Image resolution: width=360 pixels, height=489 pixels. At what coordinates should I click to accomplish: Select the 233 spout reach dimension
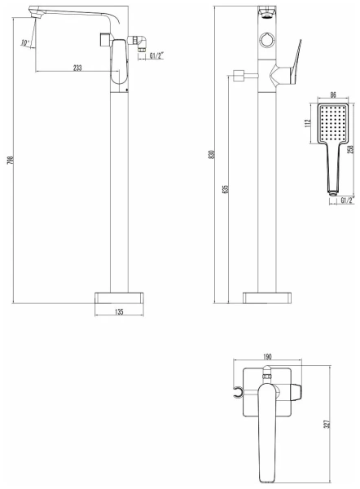click(x=77, y=68)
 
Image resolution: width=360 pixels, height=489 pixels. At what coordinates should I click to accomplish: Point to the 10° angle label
click(x=25, y=43)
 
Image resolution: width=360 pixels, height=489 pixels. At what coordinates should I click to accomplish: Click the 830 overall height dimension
click(x=213, y=156)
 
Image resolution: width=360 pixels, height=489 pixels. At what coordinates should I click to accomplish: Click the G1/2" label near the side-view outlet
click(x=151, y=56)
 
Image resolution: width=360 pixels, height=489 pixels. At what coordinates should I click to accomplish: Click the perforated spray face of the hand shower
click(x=331, y=124)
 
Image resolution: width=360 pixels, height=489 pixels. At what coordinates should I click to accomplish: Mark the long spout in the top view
click(x=266, y=436)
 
